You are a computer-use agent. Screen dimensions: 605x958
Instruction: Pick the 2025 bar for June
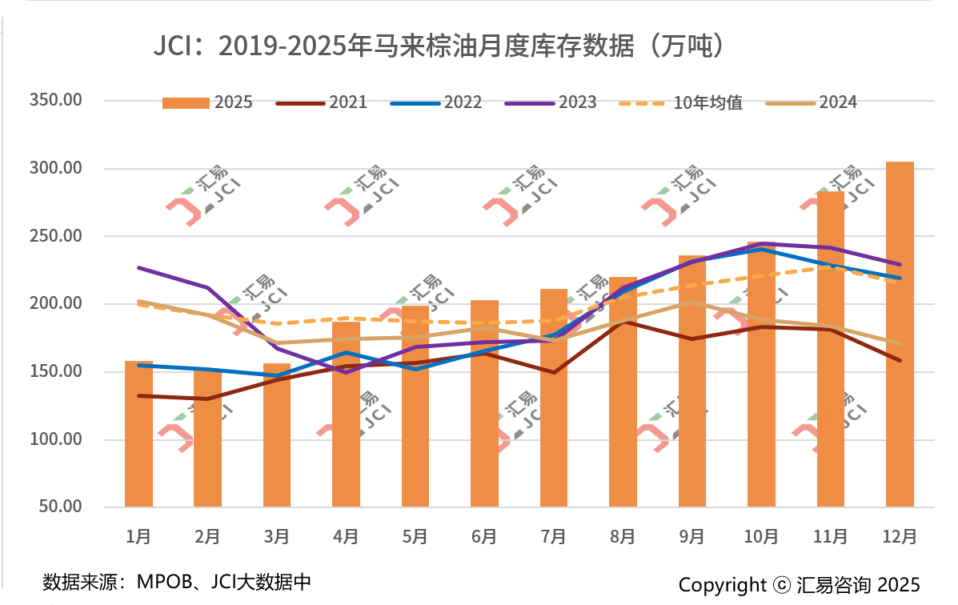click(x=484, y=403)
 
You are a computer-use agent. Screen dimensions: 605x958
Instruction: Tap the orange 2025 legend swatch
click(x=186, y=102)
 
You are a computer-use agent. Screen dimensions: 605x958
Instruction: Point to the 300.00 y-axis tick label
click(x=55, y=169)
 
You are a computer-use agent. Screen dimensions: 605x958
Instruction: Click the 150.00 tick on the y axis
click(x=55, y=372)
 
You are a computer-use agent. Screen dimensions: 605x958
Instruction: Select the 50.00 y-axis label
click(x=59, y=507)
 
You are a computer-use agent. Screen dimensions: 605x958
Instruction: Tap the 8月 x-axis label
click(x=623, y=536)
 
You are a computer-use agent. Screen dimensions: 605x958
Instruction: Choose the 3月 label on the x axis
click(x=276, y=536)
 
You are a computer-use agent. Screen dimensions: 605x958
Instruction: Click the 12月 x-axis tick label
click(x=900, y=536)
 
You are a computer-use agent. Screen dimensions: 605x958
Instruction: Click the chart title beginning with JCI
click(x=439, y=46)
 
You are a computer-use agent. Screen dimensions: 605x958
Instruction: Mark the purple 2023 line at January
click(x=138, y=267)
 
